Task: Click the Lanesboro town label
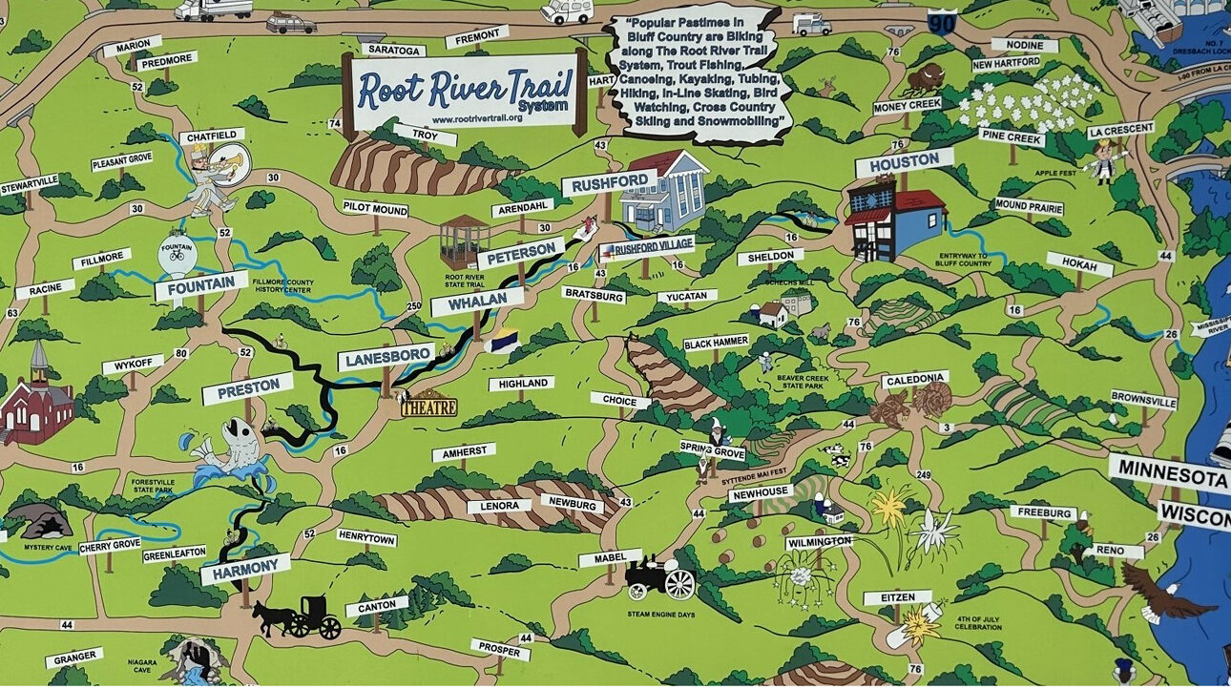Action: pyautogui.click(x=386, y=357)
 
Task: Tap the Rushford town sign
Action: pyautogui.click(x=609, y=182)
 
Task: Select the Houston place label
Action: pyautogui.click(x=904, y=162)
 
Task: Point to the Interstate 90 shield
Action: pyautogui.click(x=942, y=22)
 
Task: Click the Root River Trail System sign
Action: pyautogui.click(x=464, y=94)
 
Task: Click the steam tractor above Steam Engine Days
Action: pyautogui.click(x=660, y=577)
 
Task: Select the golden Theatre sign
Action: pyautogui.click(x=428, y=407)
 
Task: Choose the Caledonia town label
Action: pyautogui.click(x=914, y=379)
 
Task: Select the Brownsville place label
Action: pyautogui.click(x=1143, y=400)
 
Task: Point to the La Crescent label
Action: pyautogui.click(x=1121, y=129)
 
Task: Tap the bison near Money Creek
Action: pyautogui.click(x=924, y=76)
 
